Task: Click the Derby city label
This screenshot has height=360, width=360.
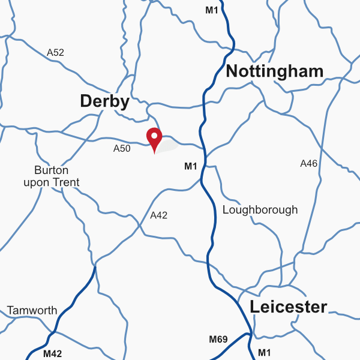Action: click(x=104, y=102)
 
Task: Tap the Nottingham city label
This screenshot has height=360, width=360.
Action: click(x=275, y=72)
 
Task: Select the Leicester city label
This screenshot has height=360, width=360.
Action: click(x=289, y=307)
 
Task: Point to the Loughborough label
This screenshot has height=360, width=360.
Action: click(x=260, y=210)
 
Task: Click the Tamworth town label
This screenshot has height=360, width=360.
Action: click(x=32, y=311)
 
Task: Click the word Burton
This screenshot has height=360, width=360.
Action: click(x=51, y=170)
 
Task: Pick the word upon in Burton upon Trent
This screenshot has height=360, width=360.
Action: click(x=37, y=183)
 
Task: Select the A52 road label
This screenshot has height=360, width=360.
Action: click(x=55, y=53)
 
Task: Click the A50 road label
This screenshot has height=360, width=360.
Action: click(x=122, y=148)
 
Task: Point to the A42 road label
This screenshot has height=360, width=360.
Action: click(x=158, y=215)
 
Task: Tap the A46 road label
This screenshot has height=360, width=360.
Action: click(x=308, y=163)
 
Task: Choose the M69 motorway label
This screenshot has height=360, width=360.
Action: click(x=218, y=340)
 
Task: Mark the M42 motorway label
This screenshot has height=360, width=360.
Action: click(x=52, y=354)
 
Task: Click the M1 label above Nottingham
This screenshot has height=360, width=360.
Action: click(x=212, y=10)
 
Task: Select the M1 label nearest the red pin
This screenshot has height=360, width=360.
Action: click(x=191, y=166)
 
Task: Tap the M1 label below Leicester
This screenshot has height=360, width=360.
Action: click(x=265, y=352)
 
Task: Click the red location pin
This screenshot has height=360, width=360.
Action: click(x=155, y=138)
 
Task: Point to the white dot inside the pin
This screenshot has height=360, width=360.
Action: click(x=155, y=136)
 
